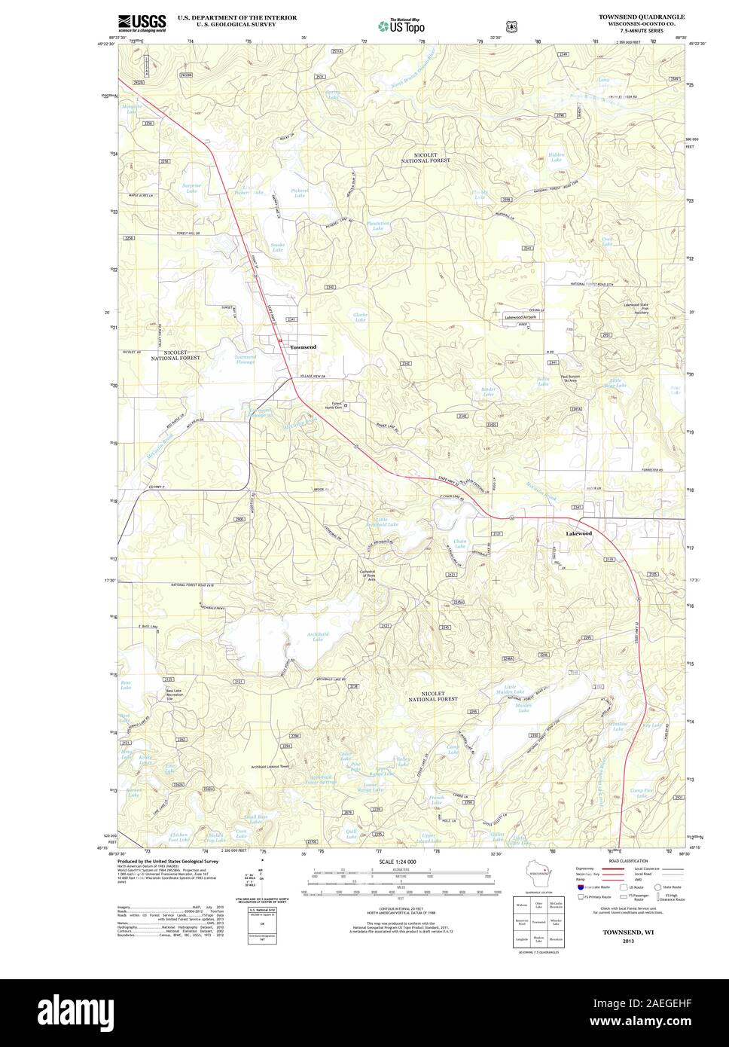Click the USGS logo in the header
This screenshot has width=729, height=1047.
click(x=142, y=22)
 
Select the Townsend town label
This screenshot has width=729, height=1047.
click(x=303, y=346)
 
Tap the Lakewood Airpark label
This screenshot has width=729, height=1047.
click(x=523, y=319)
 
